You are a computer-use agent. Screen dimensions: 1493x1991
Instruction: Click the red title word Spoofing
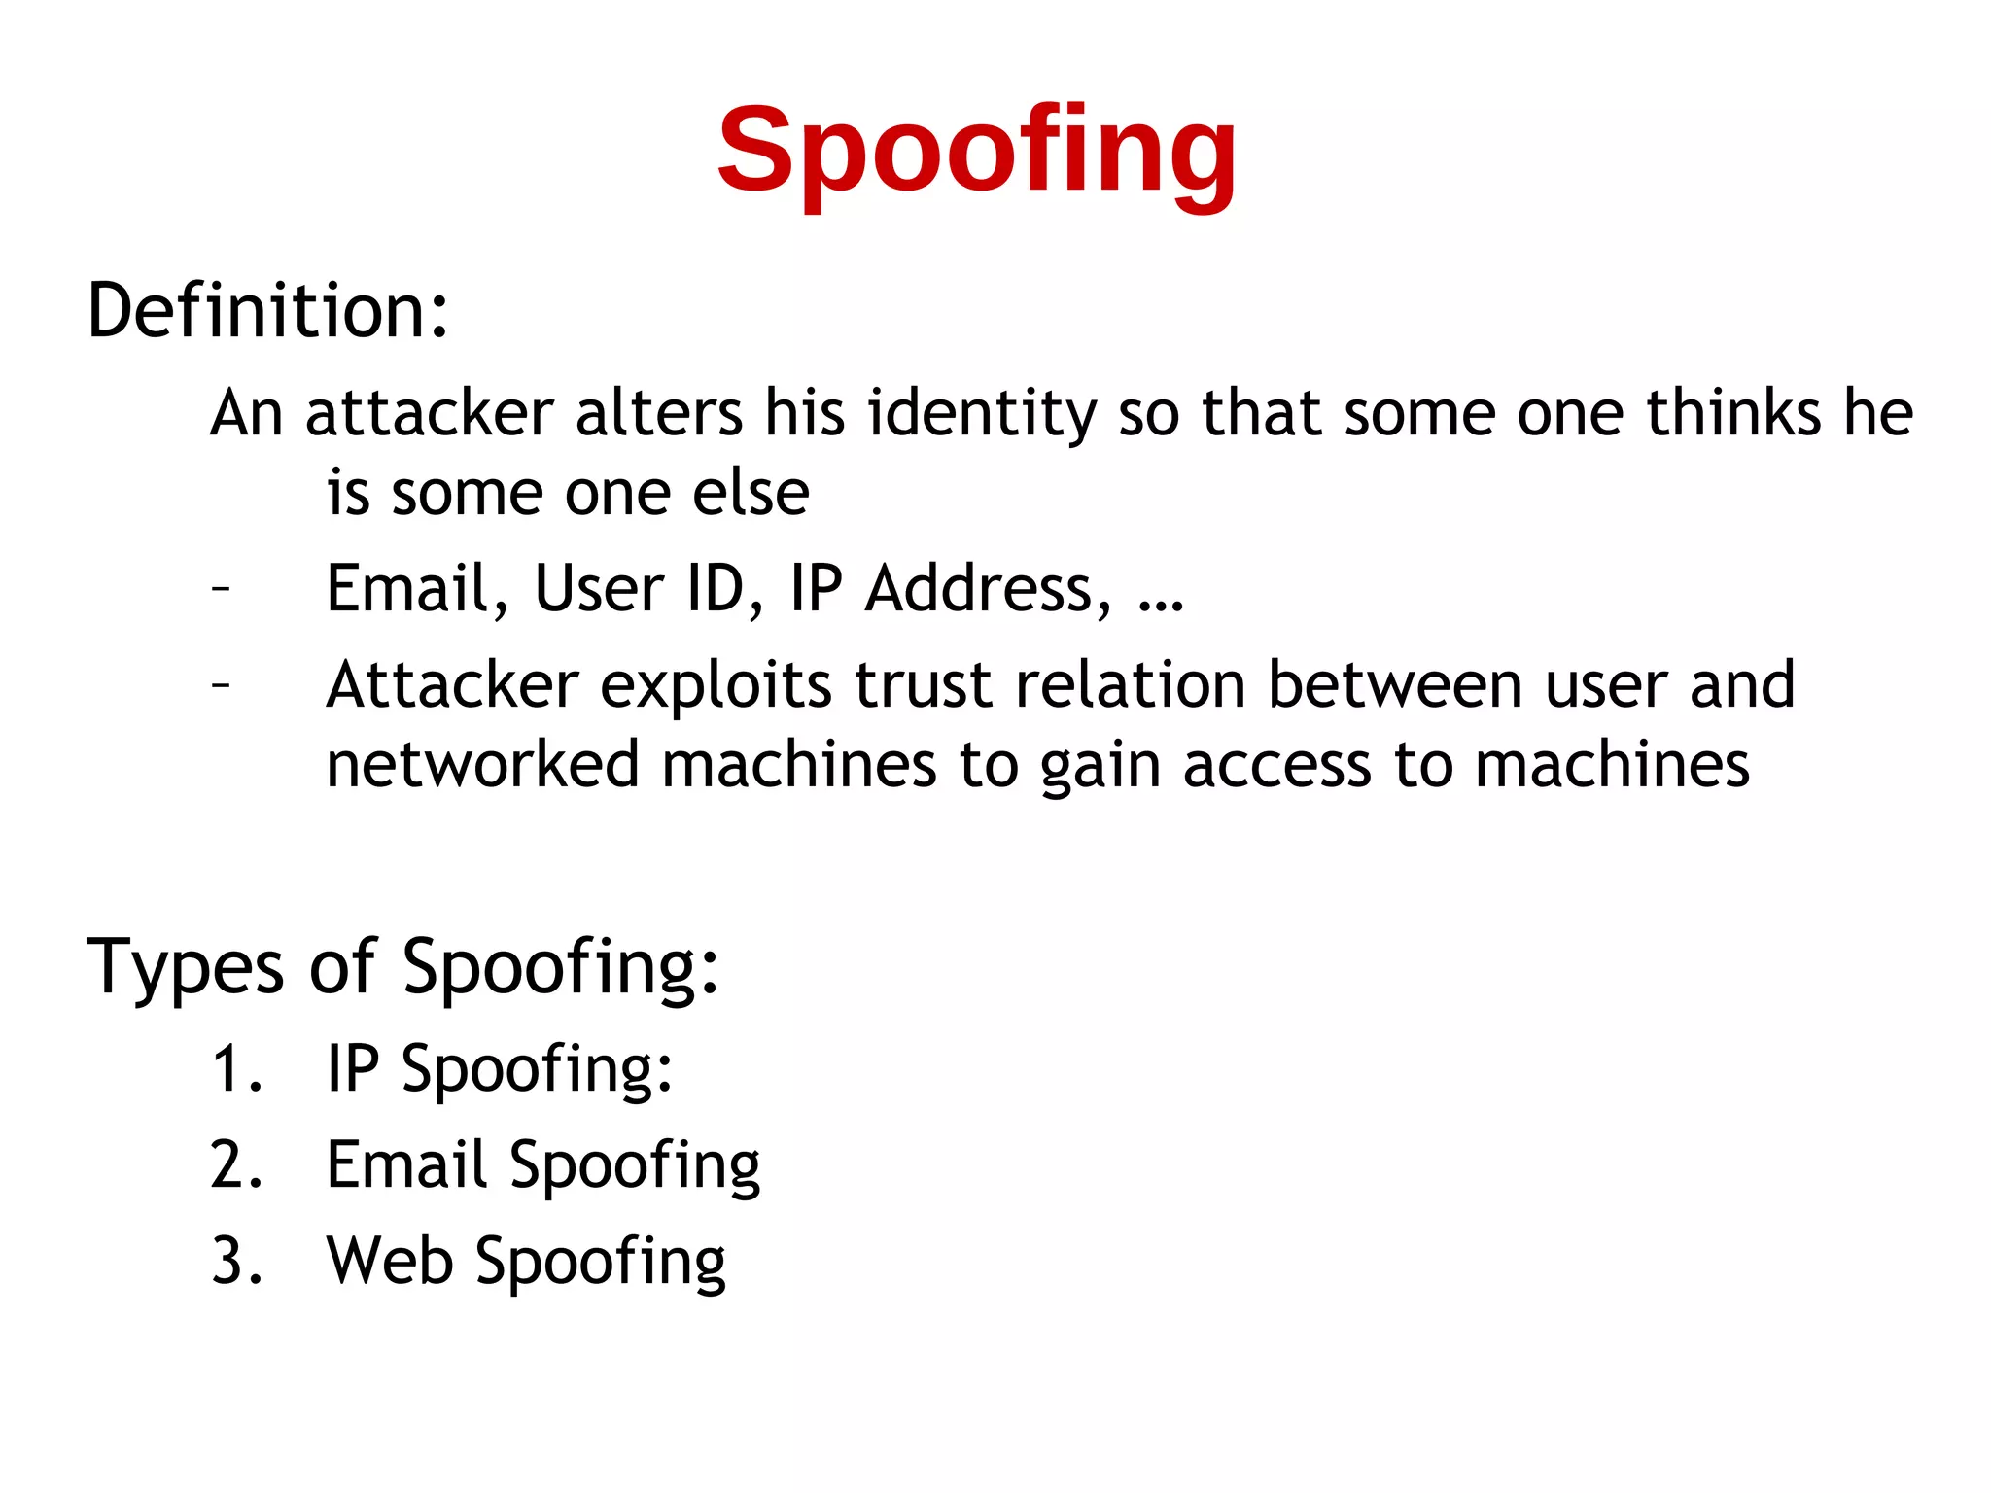pyautogui.click(x=976, y=153)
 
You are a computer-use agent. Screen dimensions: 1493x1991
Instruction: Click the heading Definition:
pyautogui.click(x=268, y=311)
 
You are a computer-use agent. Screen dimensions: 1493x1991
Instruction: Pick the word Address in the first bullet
pyautogui.click(x=988, y=589)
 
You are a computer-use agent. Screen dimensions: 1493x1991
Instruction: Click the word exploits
pyautogui.click(x=716, y=686)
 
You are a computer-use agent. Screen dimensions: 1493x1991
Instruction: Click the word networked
pyautogui.click(x=482, y=765)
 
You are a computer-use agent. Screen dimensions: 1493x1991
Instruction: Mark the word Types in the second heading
pyautogui.click(x=185, y=967)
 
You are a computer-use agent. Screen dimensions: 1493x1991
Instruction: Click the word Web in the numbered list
pyautogui.click(x=390, y=1262)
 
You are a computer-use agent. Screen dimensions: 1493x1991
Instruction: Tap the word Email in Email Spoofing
pyautogui.click(x=405, y=1165)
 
